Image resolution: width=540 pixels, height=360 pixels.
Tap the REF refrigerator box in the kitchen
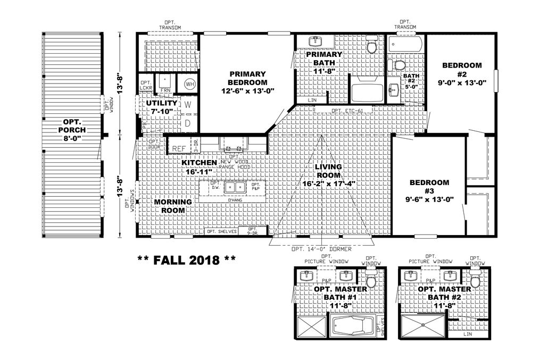pos(179,148)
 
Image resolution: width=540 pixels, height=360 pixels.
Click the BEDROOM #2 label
pos(462,70)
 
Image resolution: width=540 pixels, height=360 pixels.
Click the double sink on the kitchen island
pos(234,187)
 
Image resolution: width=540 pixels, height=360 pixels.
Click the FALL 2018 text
pos(186,260)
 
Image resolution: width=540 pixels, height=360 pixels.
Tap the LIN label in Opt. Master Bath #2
pos(468,334)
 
